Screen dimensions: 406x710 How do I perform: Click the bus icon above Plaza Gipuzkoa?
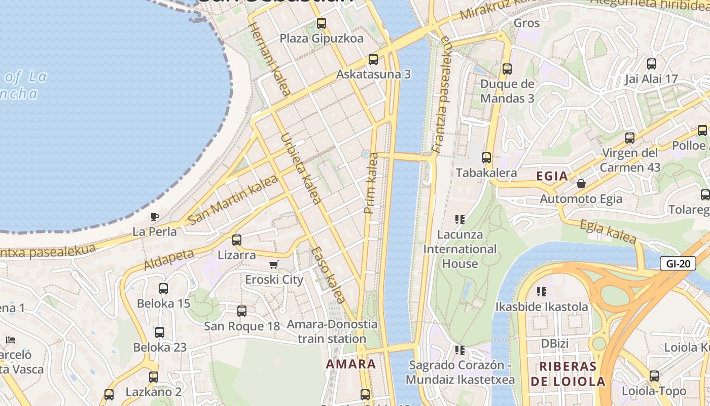[321, 23]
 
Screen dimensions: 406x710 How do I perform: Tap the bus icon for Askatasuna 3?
[373, 59]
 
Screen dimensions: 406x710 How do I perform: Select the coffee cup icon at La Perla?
[155, 217]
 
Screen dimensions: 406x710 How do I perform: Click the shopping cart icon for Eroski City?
[274, 264]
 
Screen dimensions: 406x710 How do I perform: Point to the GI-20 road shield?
[678, 263]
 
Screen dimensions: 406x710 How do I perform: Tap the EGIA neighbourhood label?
[552, 176]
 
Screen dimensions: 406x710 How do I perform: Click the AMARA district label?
[351, 364]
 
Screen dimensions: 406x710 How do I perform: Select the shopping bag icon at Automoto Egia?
[581, 184]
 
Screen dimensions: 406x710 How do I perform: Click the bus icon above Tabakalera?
[486, 158]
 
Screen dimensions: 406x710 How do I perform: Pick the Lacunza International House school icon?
[460, 220]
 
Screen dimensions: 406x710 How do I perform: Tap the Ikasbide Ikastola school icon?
[542, 292]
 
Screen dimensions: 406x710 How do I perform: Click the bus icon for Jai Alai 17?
[652, 64]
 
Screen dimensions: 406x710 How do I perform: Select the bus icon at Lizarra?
[237, 240]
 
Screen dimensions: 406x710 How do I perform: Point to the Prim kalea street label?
[372, 183]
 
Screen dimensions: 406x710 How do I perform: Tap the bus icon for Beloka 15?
[163, 289]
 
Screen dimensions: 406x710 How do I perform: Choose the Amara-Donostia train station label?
[332, 331]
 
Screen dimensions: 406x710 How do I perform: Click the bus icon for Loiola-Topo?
[654, 376]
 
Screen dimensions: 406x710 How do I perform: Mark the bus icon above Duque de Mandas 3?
[507, 69]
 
